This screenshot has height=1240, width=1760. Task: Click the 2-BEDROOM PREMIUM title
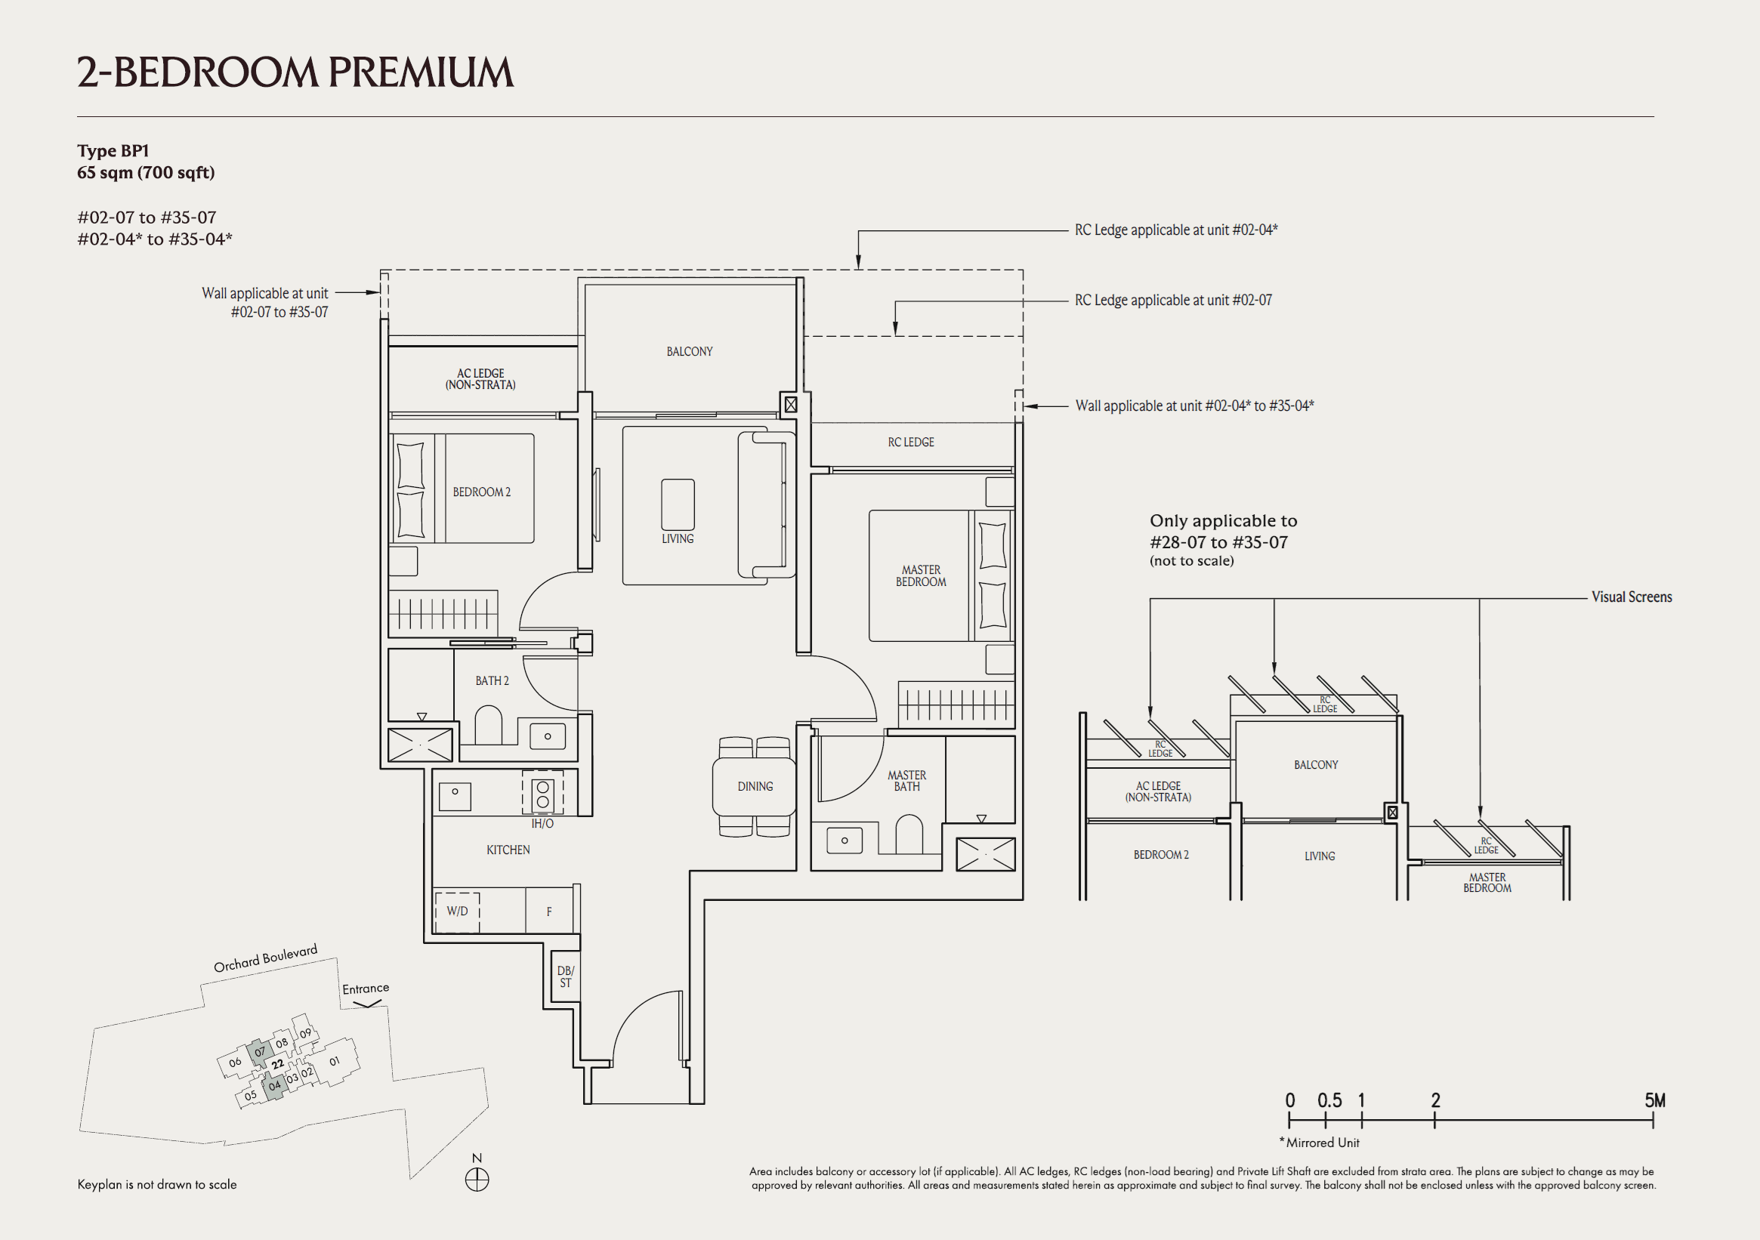pyautogui.click(x=295, y=72)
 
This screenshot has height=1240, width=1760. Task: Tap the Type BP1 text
pyautogui.click(x=113, y=151)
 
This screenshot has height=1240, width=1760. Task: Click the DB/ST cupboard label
pyautogui.click(x=565, y=976)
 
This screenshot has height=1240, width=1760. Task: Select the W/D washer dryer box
pyautogui.click(x=457, y=911)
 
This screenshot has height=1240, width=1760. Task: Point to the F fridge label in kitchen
pyautogui.click(x=549, y=912)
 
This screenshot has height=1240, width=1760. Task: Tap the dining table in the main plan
pyautogui.click(x=755, y=786)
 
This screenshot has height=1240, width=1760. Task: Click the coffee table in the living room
pyautogui.click(x=678, y=504)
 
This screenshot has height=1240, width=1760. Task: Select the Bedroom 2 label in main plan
pyautogui.click(x=481, y=492)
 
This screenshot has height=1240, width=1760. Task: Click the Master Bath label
pyautogui.click(x=907, y=781)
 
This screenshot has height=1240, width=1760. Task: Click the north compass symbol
pyautogui.click(x=477, y=1180)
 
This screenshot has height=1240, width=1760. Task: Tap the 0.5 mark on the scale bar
pyautogui.click(x=1329, y=1101)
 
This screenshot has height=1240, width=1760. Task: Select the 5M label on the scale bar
pyautogui.click(x=1654, y=1100)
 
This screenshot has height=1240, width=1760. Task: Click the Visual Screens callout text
pyautogui.click(x=1632, y=597)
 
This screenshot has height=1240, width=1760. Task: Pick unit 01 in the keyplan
pyautogui.click(x=334, y=1062)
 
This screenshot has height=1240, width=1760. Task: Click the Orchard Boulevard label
pyautogui.click(x=265, y=959)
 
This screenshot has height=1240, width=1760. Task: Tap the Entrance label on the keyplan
pyautogui.click(x=366, y=989)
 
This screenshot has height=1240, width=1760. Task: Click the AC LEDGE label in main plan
pyautogui.click(x=480, y=378)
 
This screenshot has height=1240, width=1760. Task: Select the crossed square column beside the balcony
pyautogui.click(x=790, y=404)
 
